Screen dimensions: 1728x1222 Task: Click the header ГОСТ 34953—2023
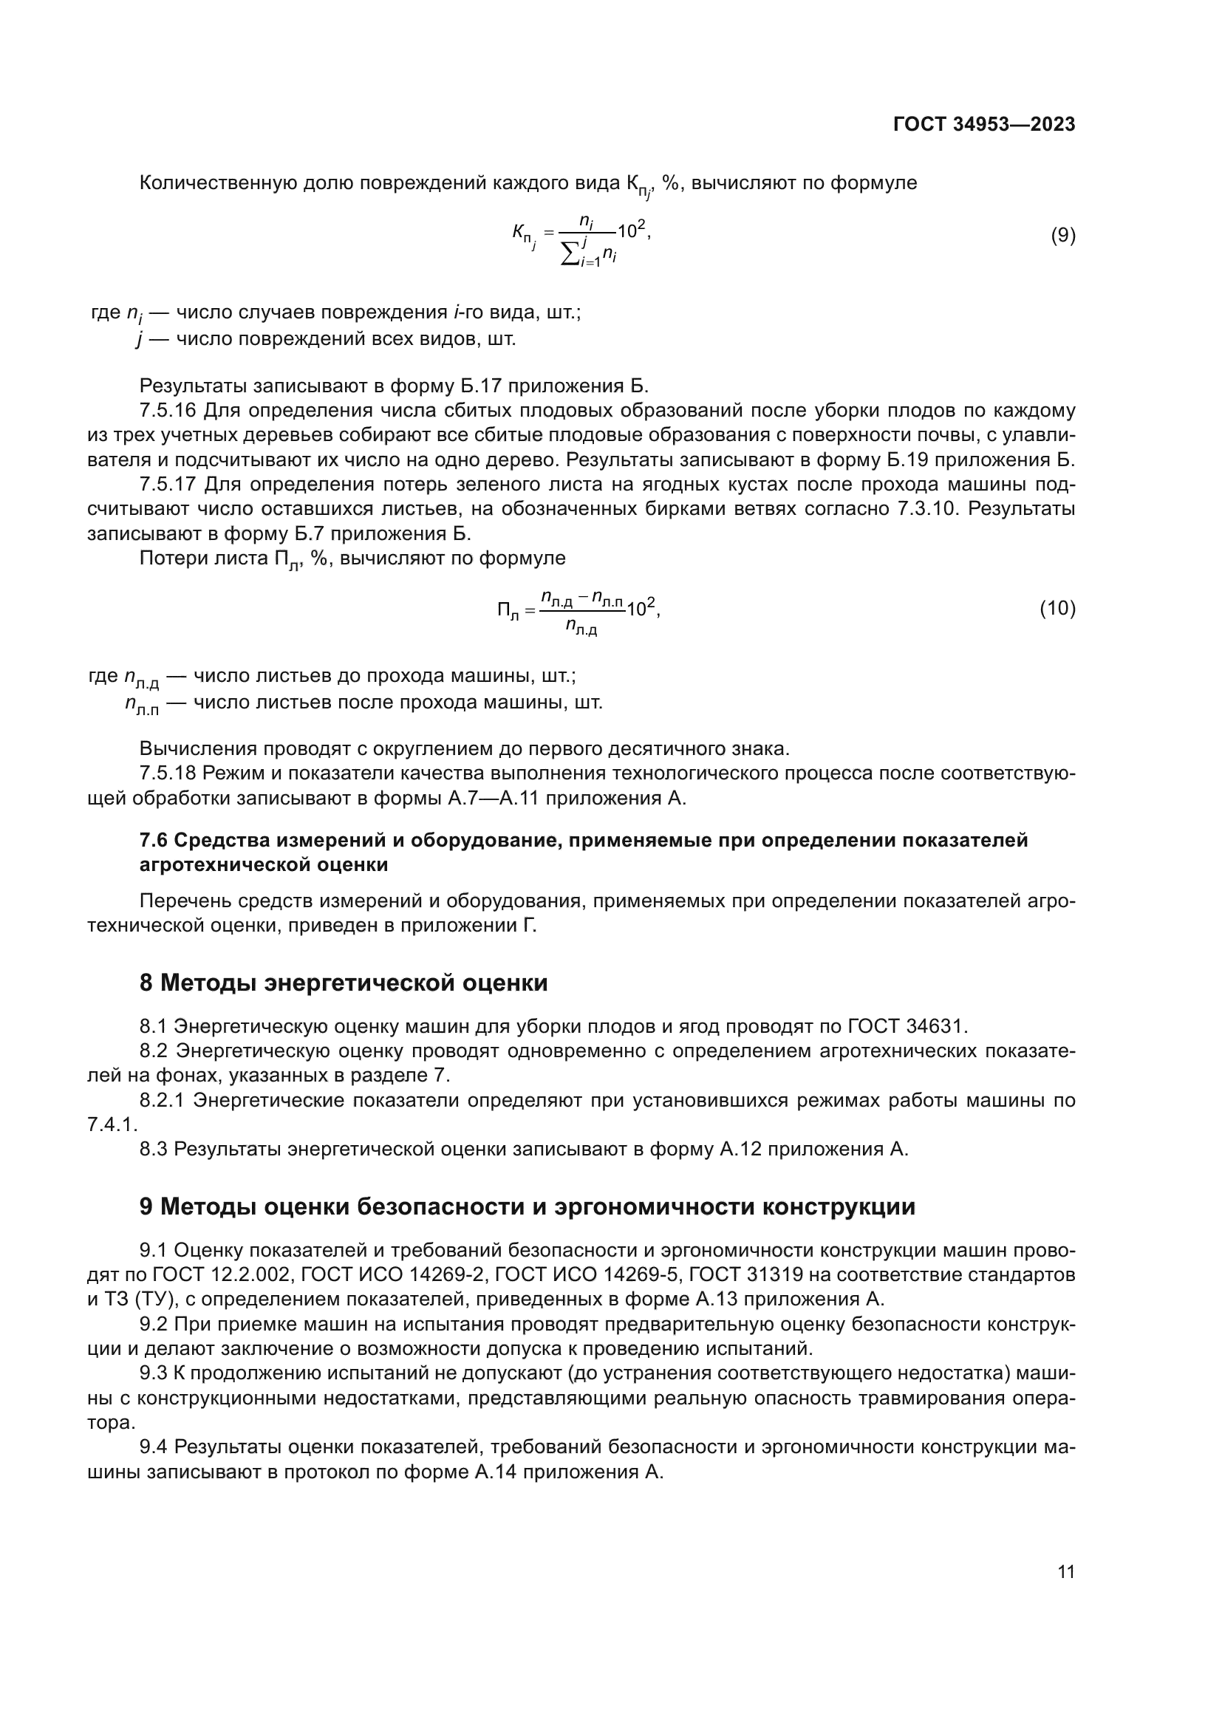[983, 125]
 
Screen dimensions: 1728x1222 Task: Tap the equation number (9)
[1062, 236]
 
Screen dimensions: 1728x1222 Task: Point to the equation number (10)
[1057, 607]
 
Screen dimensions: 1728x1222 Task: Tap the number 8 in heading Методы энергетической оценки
[146, 983]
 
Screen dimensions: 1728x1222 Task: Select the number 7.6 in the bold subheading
[154, 841]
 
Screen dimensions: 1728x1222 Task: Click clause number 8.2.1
[162, 1100]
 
